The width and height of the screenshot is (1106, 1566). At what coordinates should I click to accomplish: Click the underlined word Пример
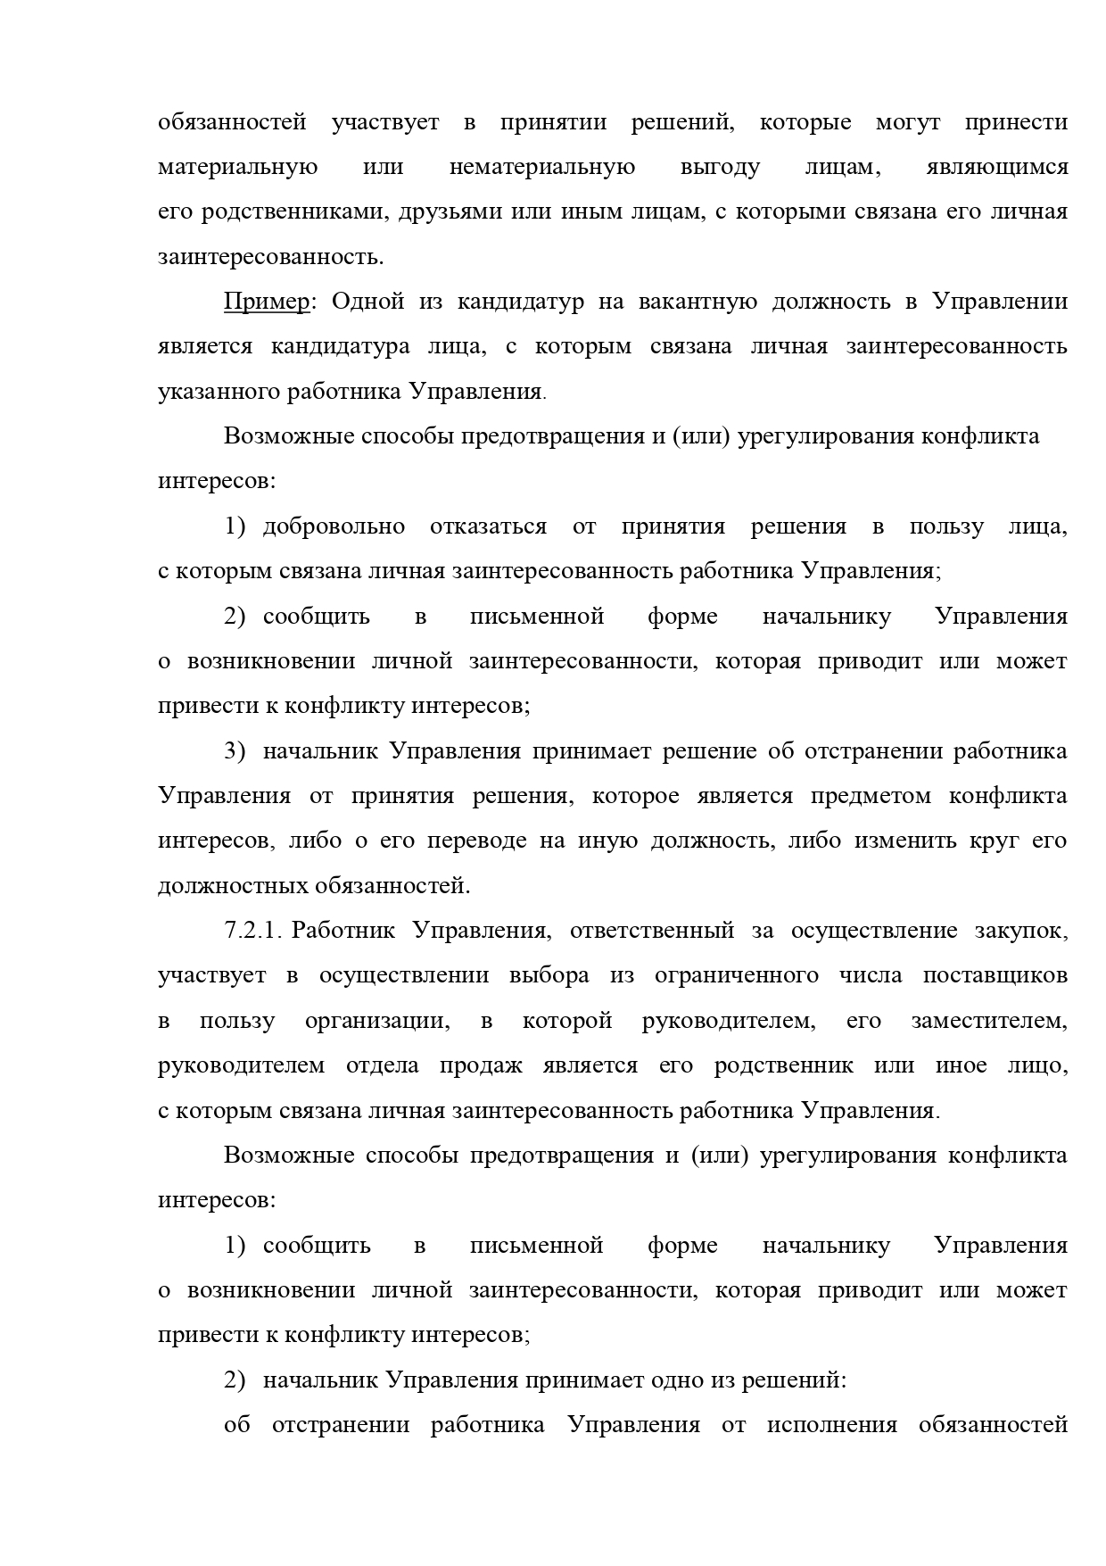point(266,302)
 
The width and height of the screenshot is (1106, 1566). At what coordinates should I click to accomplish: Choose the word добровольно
point(334,526)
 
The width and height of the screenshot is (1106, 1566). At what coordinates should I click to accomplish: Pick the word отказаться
point(488,526)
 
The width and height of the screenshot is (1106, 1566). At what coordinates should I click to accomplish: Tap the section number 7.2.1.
point(253,931)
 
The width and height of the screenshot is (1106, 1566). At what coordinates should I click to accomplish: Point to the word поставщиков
point(995,975)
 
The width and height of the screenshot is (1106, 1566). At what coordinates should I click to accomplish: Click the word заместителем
point(988,1021)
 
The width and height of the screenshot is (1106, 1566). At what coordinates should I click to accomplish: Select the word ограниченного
point(737,975)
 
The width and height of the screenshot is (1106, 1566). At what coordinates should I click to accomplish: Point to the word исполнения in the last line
point(831,1425)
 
